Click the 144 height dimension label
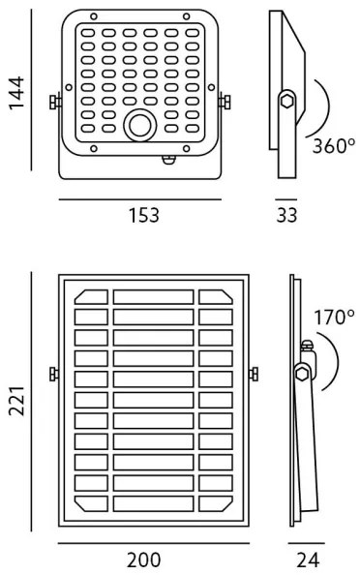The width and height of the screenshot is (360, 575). pyautogui.click(x=16, y=93)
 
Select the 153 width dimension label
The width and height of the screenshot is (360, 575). pyautogui.click(x=144, y=215)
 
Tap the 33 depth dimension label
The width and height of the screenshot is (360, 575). pyautogui.click(x=286, y=215)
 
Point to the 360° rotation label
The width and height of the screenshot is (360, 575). pyautogui.click(x=334, y=146)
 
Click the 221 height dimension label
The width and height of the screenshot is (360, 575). pyautogui.click(x=16, y=401)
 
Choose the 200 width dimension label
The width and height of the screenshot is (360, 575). pyautogui.click(x=143, y=560)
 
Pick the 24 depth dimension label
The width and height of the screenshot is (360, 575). pyautogui.click(x=308, y=560)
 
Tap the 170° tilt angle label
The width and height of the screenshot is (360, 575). pyautogui.click(x=334, y=318)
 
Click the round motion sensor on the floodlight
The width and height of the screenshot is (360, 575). pyautogui.click(x=140, y=126)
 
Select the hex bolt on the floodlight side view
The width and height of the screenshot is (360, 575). pyautogui.click(x=286, y=101)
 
